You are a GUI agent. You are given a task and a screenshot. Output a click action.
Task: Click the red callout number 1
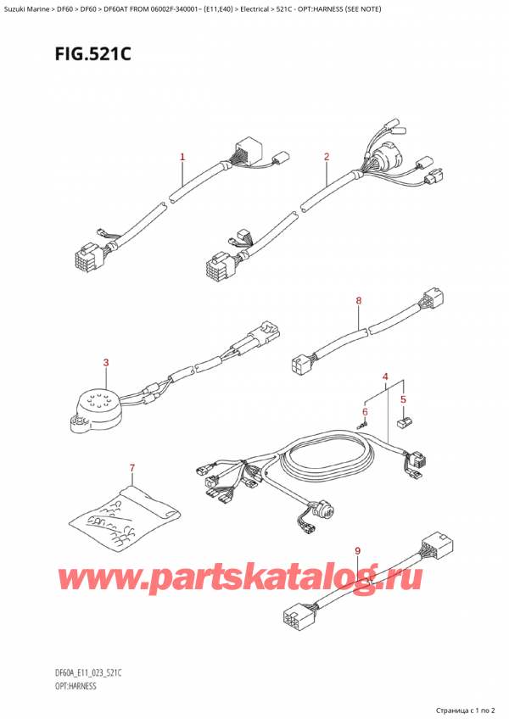pyautogui.click(x=182, y=157)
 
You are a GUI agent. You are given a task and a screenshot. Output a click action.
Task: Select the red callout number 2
pyautogui.click(x=327, y=157)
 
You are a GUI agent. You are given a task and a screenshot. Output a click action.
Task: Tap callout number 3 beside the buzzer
pyautogui.click(x=106, y=364)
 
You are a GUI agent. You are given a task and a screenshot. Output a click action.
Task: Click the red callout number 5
pyautogui.click(x=403, y=399)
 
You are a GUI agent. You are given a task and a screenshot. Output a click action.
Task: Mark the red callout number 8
pyautogui.click(x=359, y=301)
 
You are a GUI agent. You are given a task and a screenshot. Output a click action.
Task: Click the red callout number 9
pyautogui.click(x=358, y=552)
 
